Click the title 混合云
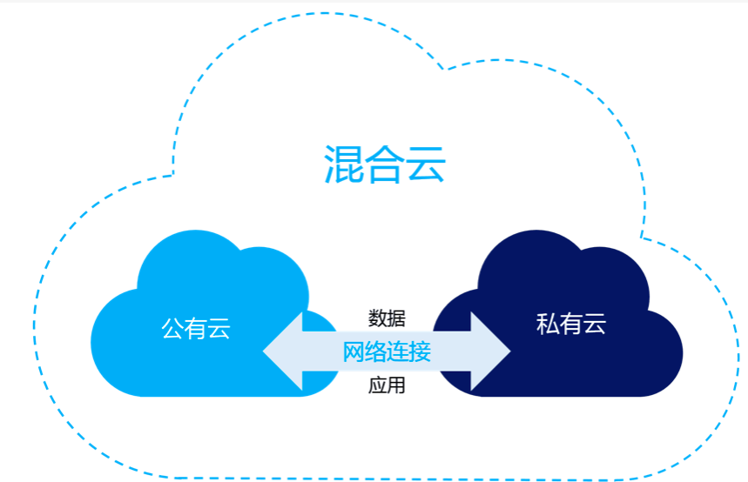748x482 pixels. (385, 164)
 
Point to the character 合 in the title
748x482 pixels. (385, 164)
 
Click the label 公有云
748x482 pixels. (196, 328)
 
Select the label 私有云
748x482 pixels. (571, 325)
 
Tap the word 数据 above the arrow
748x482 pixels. (386, 318)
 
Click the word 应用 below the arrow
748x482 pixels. (386, 385)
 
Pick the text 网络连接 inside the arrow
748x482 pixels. (386, 352)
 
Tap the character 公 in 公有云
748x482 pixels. (172, 328)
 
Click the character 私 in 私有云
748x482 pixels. (548, 325)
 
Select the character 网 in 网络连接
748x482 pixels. (353, 352)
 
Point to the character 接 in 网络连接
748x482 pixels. (420, 352)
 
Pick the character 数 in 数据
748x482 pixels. (377, 318)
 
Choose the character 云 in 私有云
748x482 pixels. (595, 325)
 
